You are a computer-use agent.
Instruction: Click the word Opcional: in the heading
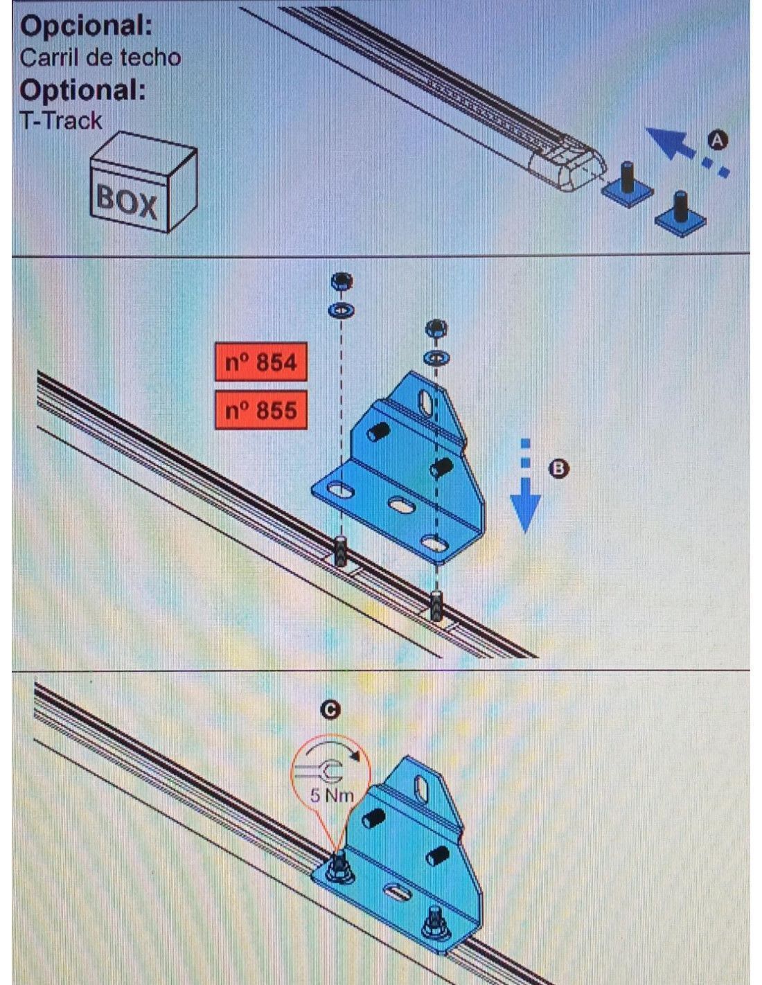[86, 26]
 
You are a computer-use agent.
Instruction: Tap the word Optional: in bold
[83, 90]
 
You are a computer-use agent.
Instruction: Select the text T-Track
[61, 121]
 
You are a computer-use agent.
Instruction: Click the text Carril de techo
[100, 57]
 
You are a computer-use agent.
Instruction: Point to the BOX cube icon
[143, 182]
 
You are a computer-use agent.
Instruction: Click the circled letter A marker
[717, 141]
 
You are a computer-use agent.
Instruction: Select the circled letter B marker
[558, 468]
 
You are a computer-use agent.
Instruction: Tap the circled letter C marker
[330, 710]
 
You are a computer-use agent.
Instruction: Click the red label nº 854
[260, 362]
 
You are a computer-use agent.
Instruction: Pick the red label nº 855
[260, 410]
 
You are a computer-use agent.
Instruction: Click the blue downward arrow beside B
[525, 486]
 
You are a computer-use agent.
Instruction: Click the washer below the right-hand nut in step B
[436, 357]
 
